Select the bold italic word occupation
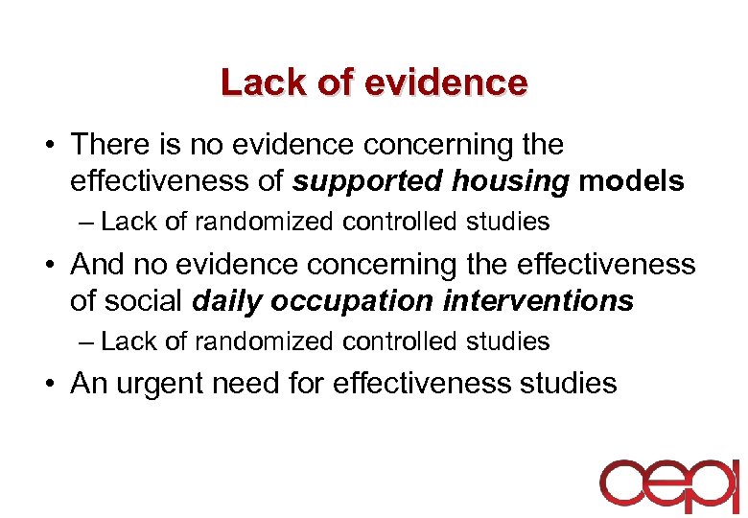(351, 301)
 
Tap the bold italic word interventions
(538, 301)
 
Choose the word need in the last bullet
(256, 384)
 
